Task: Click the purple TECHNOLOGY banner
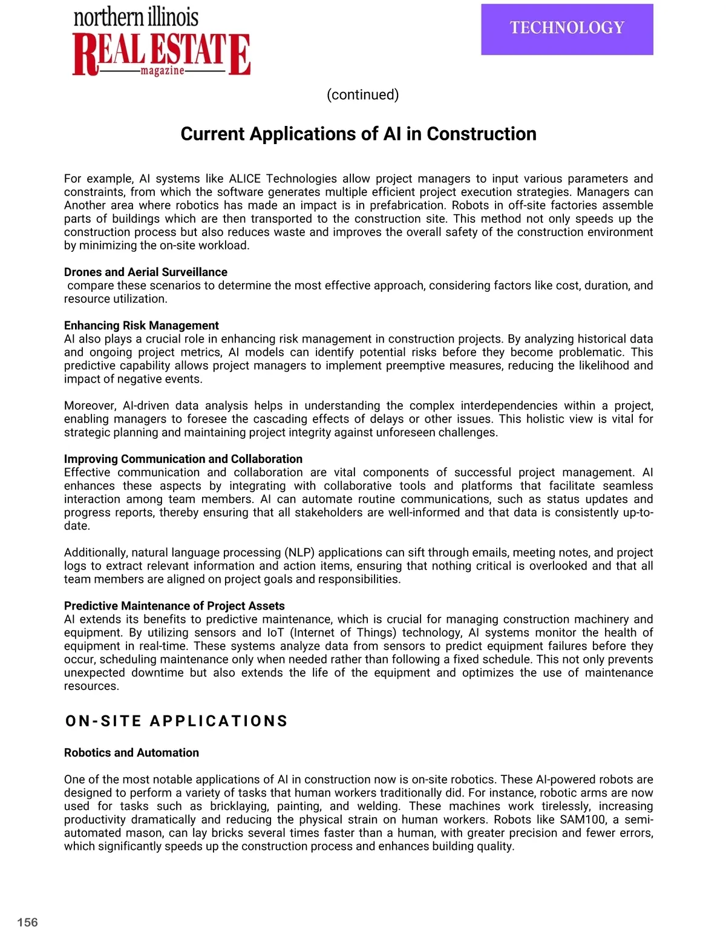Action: pos(567,29)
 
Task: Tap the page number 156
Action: pos(27,922)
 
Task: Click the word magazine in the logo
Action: pos(162,71)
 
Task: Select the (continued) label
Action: pos(362,94)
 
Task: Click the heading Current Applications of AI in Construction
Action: pos(358,134)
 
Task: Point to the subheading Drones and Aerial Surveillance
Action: pos(146,272)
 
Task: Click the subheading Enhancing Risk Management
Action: pos(142,325)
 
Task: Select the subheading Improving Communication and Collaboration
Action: pos(183,459)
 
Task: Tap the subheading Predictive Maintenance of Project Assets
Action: pos(174,606)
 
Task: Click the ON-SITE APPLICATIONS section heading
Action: pos(177,721)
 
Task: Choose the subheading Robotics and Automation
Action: pos(131,752)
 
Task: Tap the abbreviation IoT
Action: pos(276,633)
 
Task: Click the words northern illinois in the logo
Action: pos(136,17)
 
